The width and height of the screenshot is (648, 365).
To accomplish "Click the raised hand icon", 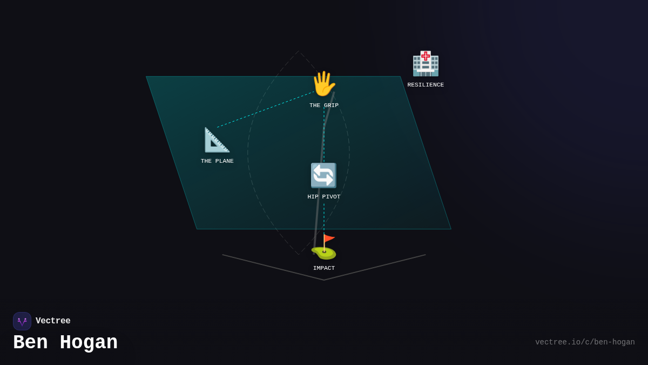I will pos(323,84).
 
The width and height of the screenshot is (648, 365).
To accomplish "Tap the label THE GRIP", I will pos(324,105).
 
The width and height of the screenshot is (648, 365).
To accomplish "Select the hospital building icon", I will pos(426,64).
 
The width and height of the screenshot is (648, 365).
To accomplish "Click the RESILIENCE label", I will pos(426,85).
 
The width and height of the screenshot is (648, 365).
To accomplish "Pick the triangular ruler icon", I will pos(217,140).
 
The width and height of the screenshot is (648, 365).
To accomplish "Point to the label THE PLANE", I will pos(217,161).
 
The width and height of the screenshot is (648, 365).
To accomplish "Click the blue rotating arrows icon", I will pos(323,175).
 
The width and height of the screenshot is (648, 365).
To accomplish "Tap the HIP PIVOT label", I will pos(324,197).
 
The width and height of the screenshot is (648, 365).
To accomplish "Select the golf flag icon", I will pos(324,247).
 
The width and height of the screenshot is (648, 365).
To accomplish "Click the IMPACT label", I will pos(324,268).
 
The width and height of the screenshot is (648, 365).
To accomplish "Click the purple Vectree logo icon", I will pos(22,321).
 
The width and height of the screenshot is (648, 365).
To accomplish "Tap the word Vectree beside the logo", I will pos(53,321).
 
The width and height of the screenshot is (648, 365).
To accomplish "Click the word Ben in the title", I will pos(30,343).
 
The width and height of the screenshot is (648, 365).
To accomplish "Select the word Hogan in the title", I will pos(89,343).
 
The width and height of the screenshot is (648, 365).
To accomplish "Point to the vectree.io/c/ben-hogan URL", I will pos(585,342).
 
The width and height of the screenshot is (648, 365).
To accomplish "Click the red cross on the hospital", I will pos(426,56).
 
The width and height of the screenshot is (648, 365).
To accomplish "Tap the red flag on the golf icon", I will pos(329,238).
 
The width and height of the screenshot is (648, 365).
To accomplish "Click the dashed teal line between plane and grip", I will pos(265,110).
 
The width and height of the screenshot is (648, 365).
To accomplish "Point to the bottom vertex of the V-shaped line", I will pos(324,280).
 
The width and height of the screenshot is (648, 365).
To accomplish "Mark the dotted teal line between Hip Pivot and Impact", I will pos(324,216).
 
